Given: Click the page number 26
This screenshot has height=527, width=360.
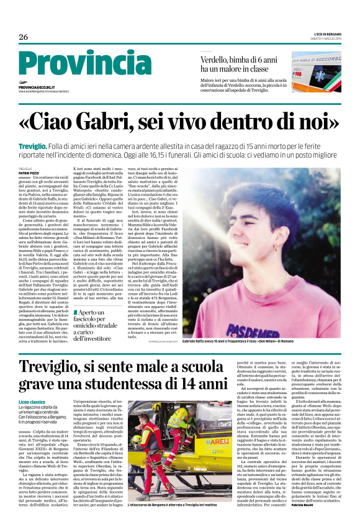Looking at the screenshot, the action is (x=24, y=37).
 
